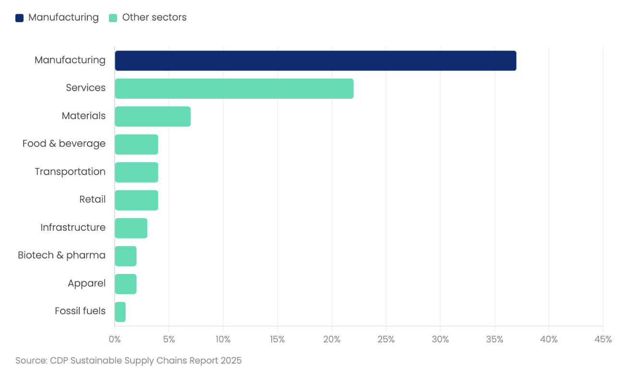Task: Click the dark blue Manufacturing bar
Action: click(x=315, y=60)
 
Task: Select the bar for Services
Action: click(x=234, y=89)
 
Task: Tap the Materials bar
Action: click(x=153, y=117)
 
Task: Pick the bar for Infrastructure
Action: click(x=131, y=228)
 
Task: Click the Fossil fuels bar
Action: click(x=120, y=312)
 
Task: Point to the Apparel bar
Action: click(x=126, y=284)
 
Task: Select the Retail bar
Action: click(x=136, y=200)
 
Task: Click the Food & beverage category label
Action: click(x=64, y=143)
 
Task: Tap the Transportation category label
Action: click(x=70, y=172)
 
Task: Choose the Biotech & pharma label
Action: click(x=61, y=255)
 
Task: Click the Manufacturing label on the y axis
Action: click(x=70, y=60)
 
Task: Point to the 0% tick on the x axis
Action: click(x=115, y=340)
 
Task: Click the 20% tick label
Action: click(x=332, y=340)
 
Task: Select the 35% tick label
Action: click(x=494, y=340)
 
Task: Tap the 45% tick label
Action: click(x=603, y=340)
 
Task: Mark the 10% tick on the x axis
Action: click(x=223, y=340)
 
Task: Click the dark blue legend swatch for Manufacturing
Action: click(x=19, y=18)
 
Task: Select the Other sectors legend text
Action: click(x=154, y=18)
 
